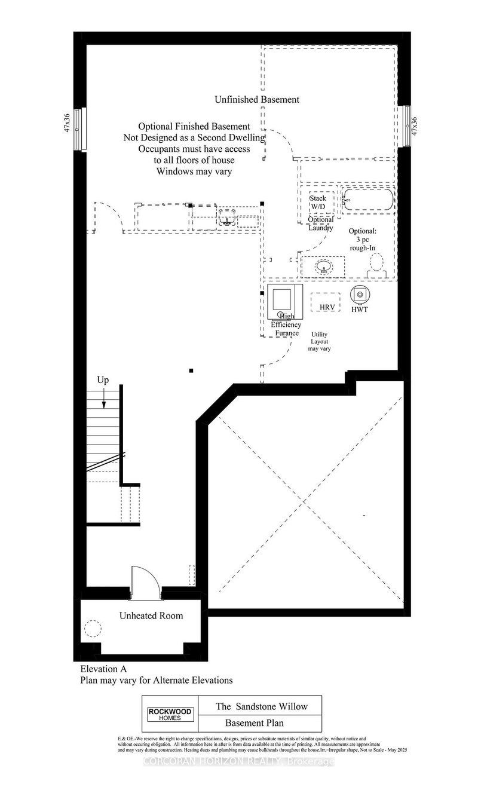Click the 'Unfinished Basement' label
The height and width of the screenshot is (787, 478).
(x=257, y=100)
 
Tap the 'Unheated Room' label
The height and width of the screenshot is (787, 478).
(x=151, y=615)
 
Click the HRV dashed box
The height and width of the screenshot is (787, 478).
(x=326, y=301)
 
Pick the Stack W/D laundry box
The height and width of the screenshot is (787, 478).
(x=317, y=203)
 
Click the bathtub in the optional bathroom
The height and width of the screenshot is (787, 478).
(x=367, y=200)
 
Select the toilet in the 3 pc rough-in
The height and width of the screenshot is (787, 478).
(x=376, y=264)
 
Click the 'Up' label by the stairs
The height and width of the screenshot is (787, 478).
(x=103, y=380)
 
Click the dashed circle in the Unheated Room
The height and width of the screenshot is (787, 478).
(x=92, y=629)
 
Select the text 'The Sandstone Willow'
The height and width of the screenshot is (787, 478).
(x=262, y=706)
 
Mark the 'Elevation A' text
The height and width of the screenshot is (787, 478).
(x=104, y=669)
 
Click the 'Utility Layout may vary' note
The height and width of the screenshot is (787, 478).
(x=320, y=342)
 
